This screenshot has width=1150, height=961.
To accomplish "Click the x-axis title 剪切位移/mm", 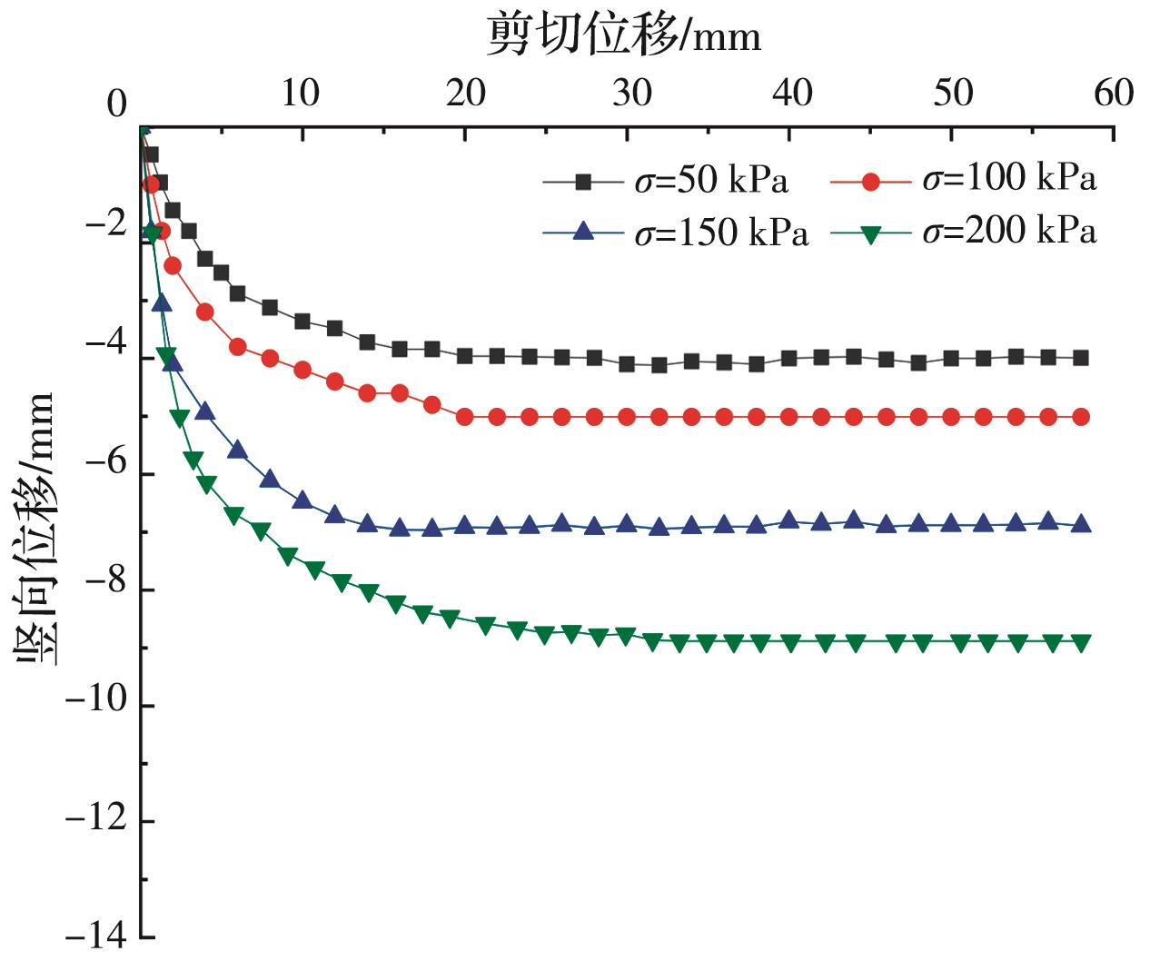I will (624, 35).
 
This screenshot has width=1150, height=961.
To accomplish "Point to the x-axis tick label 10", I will (300, 93).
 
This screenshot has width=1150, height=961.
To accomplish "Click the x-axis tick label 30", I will (630, 93).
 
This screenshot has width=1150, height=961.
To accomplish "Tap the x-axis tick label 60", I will (1114, 93).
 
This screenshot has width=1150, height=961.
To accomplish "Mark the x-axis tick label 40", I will (792, 93).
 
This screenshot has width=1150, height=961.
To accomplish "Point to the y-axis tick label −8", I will (106, 589).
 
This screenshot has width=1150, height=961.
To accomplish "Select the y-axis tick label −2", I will (106, 224).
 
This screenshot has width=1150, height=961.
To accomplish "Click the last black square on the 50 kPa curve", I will (1081, 358).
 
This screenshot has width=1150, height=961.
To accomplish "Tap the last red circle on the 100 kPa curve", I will (1081, 417).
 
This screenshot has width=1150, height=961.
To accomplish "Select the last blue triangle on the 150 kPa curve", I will (1081, 524).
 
